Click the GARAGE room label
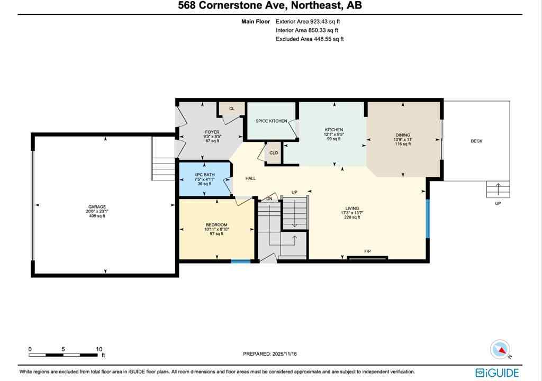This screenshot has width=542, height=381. tap(97, 207)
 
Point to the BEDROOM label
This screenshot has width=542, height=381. tap(216, 225)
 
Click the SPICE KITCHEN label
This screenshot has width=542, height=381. tap(271, 121)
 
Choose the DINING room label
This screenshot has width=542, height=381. tap(403, 135)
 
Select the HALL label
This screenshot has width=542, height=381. tap(250, 178)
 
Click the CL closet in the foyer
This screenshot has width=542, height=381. tap(231, 109)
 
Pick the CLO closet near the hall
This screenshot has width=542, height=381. tap(274, 153)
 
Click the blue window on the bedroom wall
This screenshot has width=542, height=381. tap(241, 261)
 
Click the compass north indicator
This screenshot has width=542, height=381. tap(500, 350)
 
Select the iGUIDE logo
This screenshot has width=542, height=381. tap(498, 373)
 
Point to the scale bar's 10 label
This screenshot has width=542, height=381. tap(99, 349)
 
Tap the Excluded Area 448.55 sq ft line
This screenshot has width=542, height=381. tap(310, 39)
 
